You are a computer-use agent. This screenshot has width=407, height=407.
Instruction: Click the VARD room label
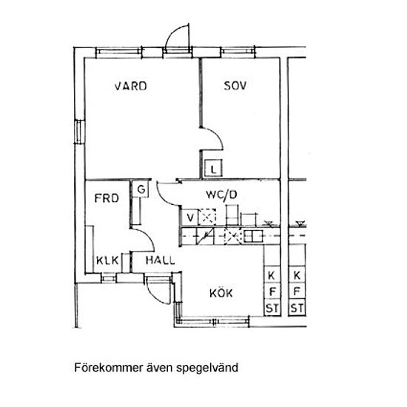tap(131, 86)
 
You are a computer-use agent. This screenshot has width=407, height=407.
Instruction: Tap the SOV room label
tap(235, 86)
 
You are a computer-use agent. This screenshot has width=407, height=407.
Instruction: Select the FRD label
tap(107, 198)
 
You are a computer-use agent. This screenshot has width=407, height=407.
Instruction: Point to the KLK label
tap(107, 260)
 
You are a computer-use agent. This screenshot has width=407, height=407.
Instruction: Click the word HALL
tap(160, 260)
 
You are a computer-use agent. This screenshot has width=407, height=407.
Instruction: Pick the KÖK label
tap(221, 293)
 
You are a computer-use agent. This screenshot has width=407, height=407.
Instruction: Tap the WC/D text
tap(221, 195)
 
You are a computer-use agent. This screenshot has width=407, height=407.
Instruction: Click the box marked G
tap(141, 189)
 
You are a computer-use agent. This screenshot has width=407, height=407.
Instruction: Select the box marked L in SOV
tap(213, 168)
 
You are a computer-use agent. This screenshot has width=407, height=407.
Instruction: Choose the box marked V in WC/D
tap(190, 218)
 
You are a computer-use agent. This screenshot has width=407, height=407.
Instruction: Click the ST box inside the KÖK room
tap(272, 309)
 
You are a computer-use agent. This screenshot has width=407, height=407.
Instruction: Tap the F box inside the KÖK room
tap(272, 292)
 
